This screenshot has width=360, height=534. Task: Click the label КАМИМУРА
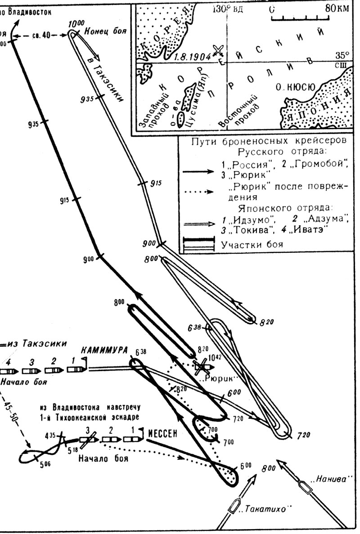pos(104,350)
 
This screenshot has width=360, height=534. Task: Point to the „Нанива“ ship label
pos(332,479)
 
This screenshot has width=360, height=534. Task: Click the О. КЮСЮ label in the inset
pos(295,87)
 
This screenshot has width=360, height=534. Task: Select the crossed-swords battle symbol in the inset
pos(219,49)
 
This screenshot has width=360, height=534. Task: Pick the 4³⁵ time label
pos(50,435)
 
